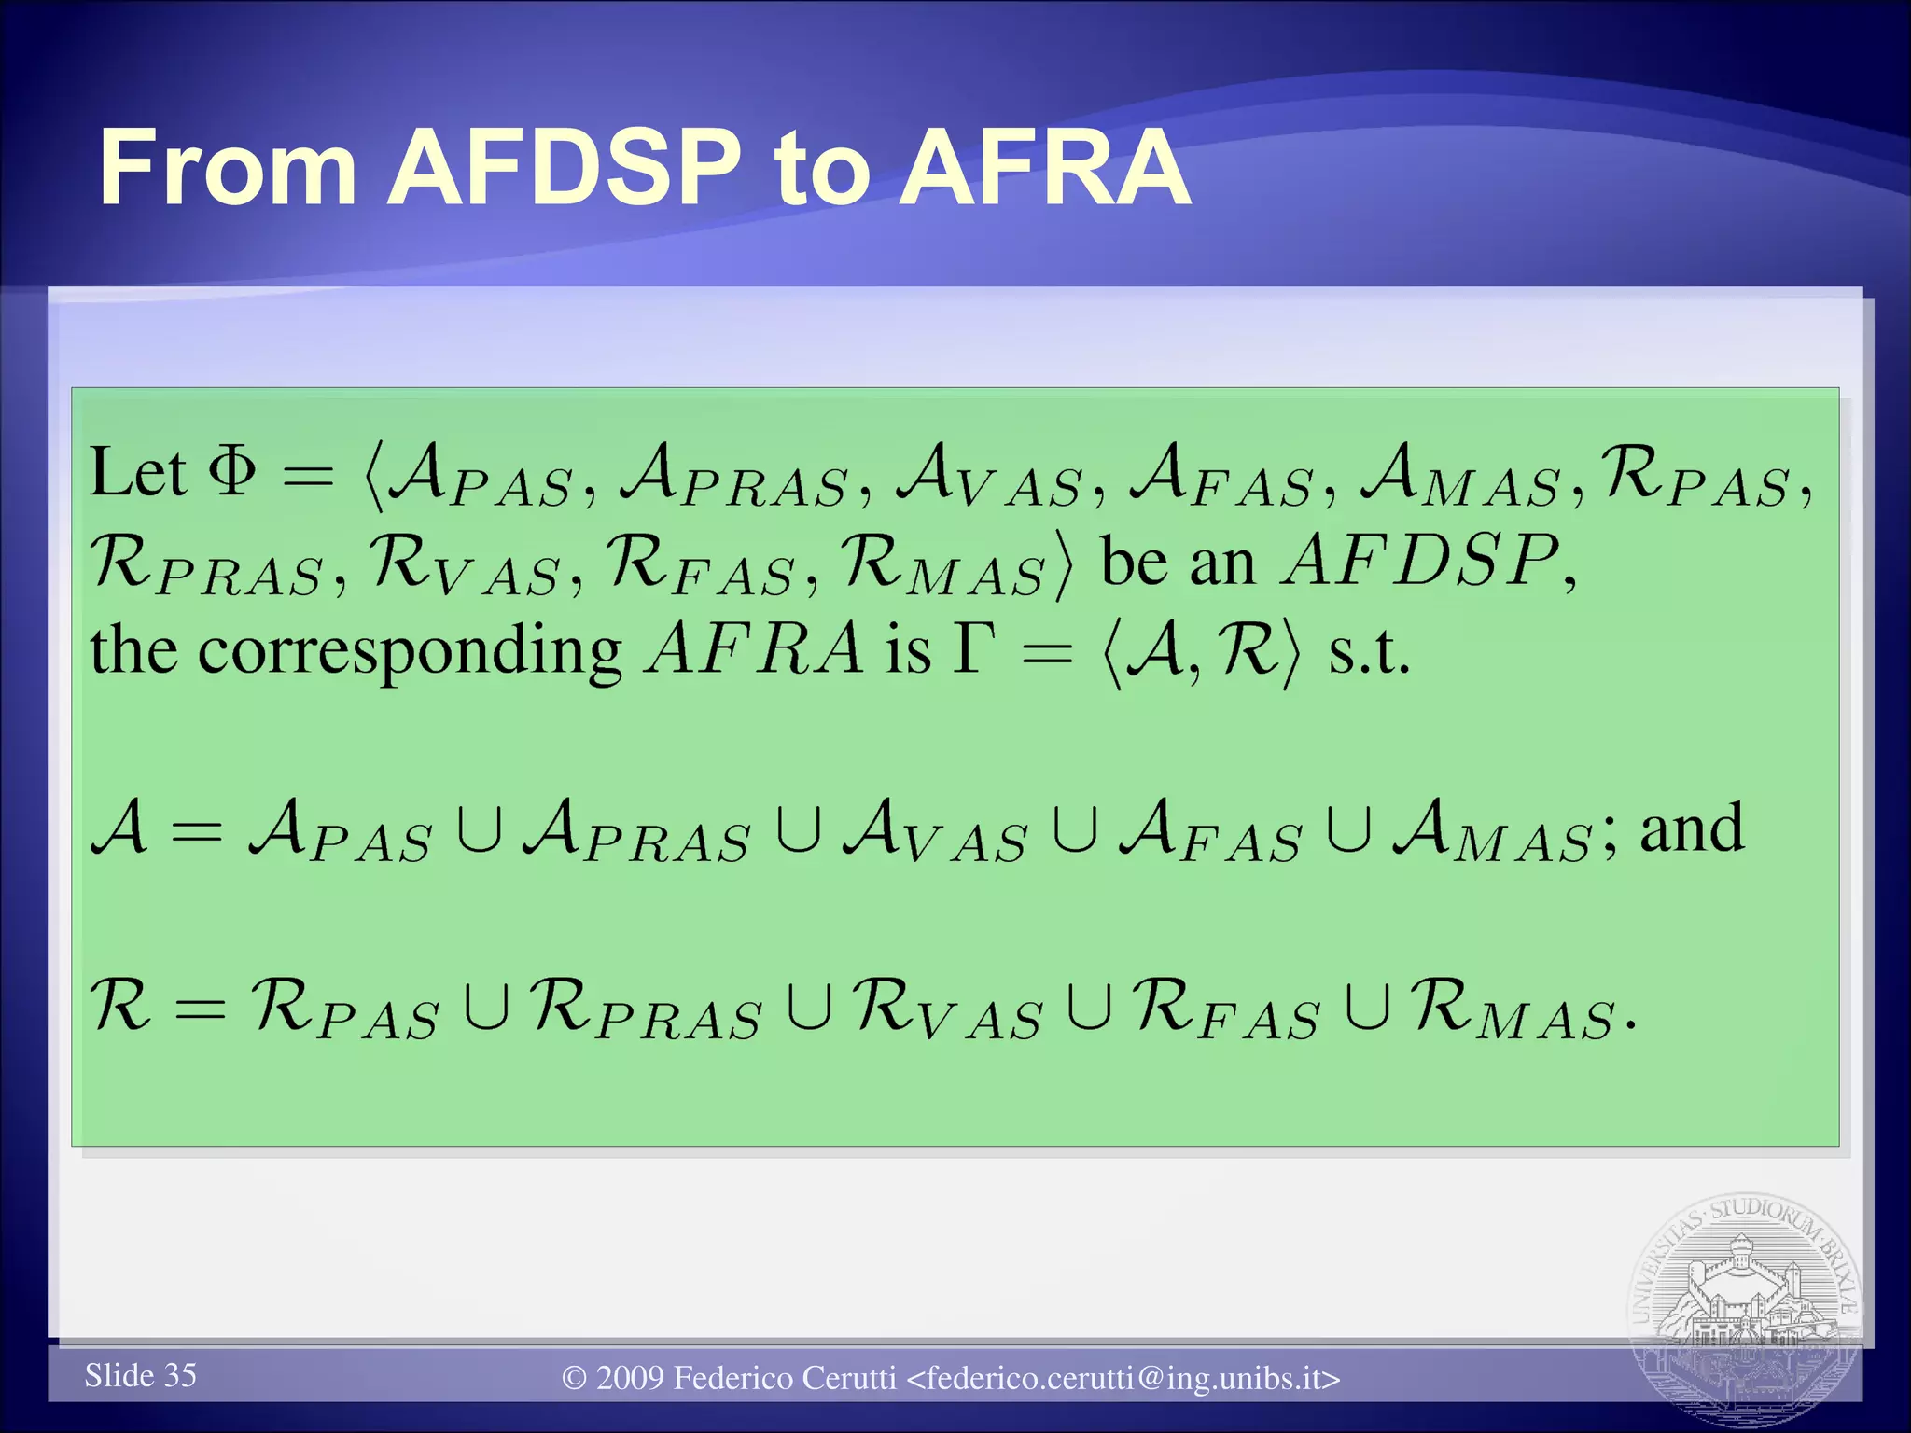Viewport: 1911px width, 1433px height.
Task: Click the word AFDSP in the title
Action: point(565,168)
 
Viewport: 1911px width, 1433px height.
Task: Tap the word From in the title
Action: point(228,168)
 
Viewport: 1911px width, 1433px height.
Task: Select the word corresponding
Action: point(410,650)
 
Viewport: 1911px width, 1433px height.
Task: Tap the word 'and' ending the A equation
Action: point(1691,828)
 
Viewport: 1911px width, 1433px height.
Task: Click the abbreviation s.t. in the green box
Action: point(1368,650)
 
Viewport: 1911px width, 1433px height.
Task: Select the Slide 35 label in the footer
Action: point(140,1375)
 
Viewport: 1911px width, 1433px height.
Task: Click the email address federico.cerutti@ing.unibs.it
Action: point(1124,1378)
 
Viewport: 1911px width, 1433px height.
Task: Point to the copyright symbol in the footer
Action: point(574,1379)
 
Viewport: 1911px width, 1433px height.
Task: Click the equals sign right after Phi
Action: point(308,477)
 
